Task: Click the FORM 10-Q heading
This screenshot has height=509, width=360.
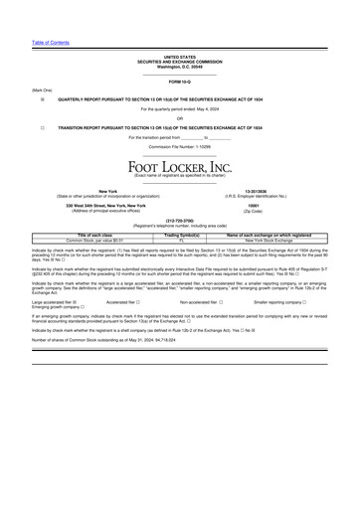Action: click(x=180, y=80)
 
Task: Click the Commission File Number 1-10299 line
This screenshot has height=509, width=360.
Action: click(x=180, y=147)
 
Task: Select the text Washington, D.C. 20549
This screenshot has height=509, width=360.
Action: click(x=180, y=67)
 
